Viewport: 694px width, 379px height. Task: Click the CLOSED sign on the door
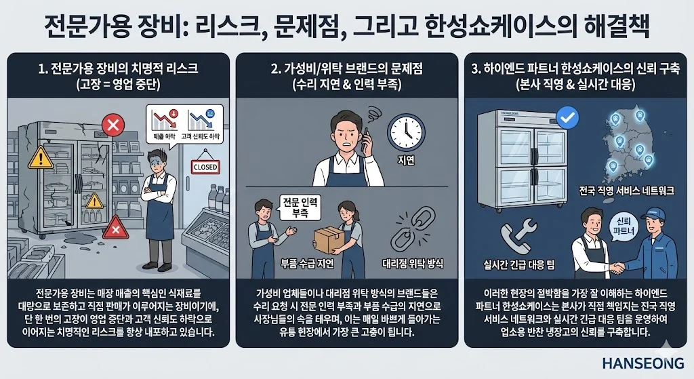205,166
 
